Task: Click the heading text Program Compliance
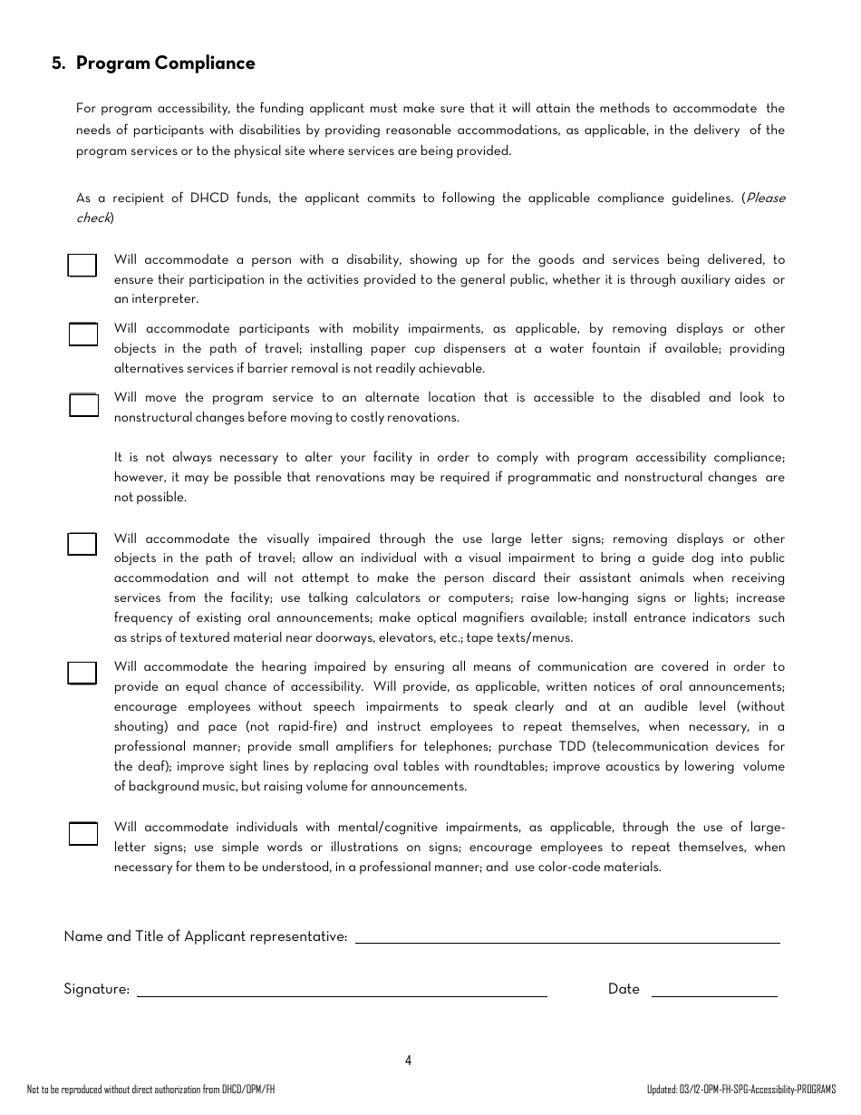165,63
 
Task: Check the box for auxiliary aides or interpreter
82,265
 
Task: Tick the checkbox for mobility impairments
83,334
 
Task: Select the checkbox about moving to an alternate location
83,404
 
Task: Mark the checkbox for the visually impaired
82,544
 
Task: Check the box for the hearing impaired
82,673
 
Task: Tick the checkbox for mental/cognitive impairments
82,833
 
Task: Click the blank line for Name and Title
566,937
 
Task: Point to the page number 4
409,1061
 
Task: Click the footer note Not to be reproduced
150,1089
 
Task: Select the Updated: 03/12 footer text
741,1089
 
